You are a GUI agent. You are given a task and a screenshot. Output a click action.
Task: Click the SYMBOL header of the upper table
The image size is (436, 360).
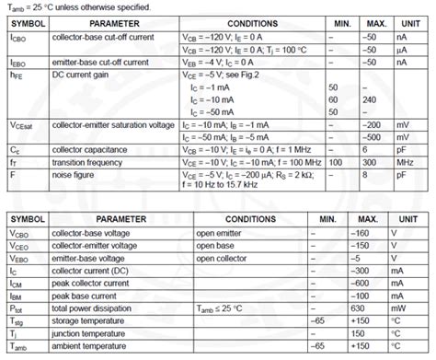pyautogui.click(x=27, y=20)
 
